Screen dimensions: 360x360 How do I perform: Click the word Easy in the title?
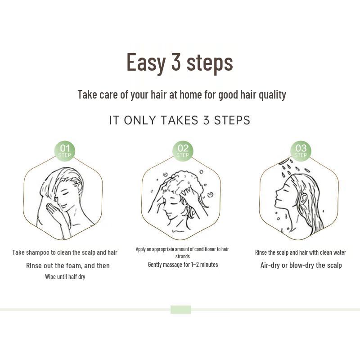146,62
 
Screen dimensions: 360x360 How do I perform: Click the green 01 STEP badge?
65,151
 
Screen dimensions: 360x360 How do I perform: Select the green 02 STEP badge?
183,151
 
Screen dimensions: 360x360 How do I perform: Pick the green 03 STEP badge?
301,151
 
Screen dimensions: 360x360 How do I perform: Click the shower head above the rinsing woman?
283,161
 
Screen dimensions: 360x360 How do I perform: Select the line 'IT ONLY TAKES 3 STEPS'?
180,121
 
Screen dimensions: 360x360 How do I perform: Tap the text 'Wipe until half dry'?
65,277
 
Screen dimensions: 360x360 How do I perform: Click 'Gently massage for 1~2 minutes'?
183,265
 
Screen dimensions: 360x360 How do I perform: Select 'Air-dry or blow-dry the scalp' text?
301,265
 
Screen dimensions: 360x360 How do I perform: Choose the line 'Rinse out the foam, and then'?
67,265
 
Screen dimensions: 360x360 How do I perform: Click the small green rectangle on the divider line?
180,310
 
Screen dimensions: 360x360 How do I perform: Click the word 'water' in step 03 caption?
338,252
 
